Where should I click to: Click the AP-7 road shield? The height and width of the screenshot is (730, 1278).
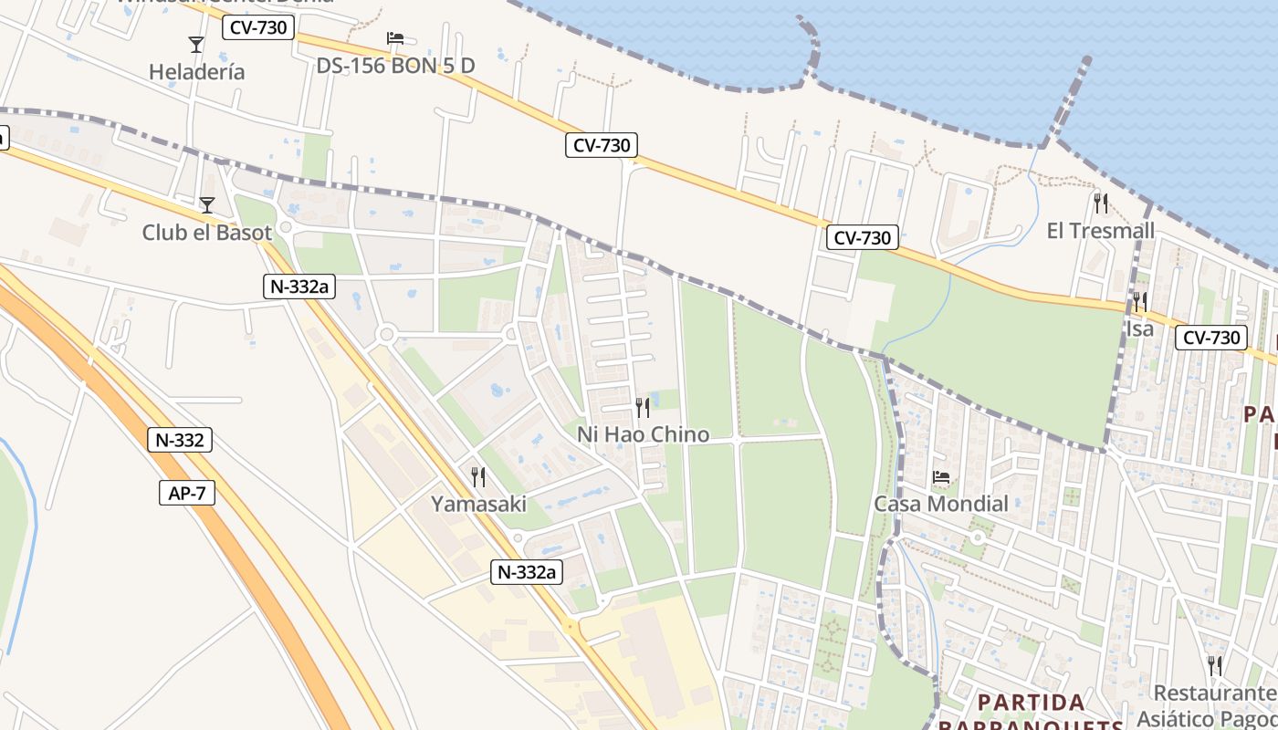(188, 494)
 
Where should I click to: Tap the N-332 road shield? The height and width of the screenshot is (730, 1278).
(180, 440)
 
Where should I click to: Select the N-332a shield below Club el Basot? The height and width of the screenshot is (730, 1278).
(299, 286)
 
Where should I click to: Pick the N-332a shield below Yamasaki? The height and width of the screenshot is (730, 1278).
(527, 572)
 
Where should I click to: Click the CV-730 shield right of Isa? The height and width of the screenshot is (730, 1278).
(1211, 338)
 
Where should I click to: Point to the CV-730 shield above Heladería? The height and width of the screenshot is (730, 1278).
(258, 27)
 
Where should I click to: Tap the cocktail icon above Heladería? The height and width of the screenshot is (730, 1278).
(195, 44)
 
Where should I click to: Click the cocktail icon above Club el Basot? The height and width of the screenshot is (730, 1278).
(207, 204)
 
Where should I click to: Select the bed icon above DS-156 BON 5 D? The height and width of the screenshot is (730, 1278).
(395, 38)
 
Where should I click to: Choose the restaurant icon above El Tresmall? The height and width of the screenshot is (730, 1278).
(1101, 203)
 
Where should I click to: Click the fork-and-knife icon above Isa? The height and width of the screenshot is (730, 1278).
(1139, 301)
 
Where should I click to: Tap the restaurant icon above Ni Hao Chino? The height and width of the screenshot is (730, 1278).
(643, 407)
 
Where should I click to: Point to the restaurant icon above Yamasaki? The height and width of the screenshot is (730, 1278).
(477, 476)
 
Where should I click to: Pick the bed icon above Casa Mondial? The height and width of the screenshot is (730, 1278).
(941, 476)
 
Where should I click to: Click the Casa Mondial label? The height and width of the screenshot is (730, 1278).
(941, 504)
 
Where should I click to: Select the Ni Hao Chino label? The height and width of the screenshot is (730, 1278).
(643, 434)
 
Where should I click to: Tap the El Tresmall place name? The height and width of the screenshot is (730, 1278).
(1100, 231)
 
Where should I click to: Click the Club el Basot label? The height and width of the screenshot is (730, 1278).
(207, 233)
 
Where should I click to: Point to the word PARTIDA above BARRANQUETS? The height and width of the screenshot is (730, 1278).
(1032, 703)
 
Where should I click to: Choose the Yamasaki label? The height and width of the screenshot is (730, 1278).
(478, 504)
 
